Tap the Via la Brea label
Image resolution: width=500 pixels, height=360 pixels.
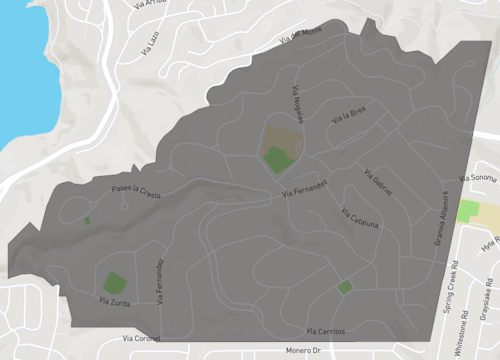click(349, 118)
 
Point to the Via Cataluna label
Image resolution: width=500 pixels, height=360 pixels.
click(359, 218)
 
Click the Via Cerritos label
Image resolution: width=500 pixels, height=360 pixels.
click(325, 329)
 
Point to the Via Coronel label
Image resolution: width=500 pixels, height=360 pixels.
click(141, 338)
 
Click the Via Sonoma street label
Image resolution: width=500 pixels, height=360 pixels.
click(477, 177)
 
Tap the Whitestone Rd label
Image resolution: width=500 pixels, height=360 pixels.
click(466, 301)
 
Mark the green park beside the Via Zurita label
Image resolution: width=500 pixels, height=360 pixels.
click(112, 282)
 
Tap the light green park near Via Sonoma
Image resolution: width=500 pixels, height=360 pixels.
click(467, 211)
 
